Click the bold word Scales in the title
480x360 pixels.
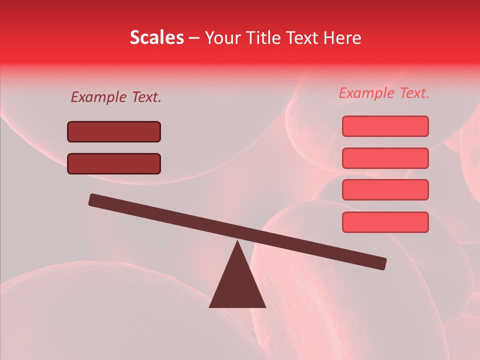[157, 38]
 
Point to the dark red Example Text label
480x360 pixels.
[116, 97]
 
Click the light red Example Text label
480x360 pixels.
[384, 93]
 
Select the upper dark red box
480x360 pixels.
[114, 131]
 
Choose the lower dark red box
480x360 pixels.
[114, 163]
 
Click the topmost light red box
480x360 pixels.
[385, 126]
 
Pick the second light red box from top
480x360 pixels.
[385, 158]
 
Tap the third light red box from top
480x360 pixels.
[385, 189]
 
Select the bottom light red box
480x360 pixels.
[385, 222]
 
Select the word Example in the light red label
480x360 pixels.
[366, 93]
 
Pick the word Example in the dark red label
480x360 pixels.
[98, 97]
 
